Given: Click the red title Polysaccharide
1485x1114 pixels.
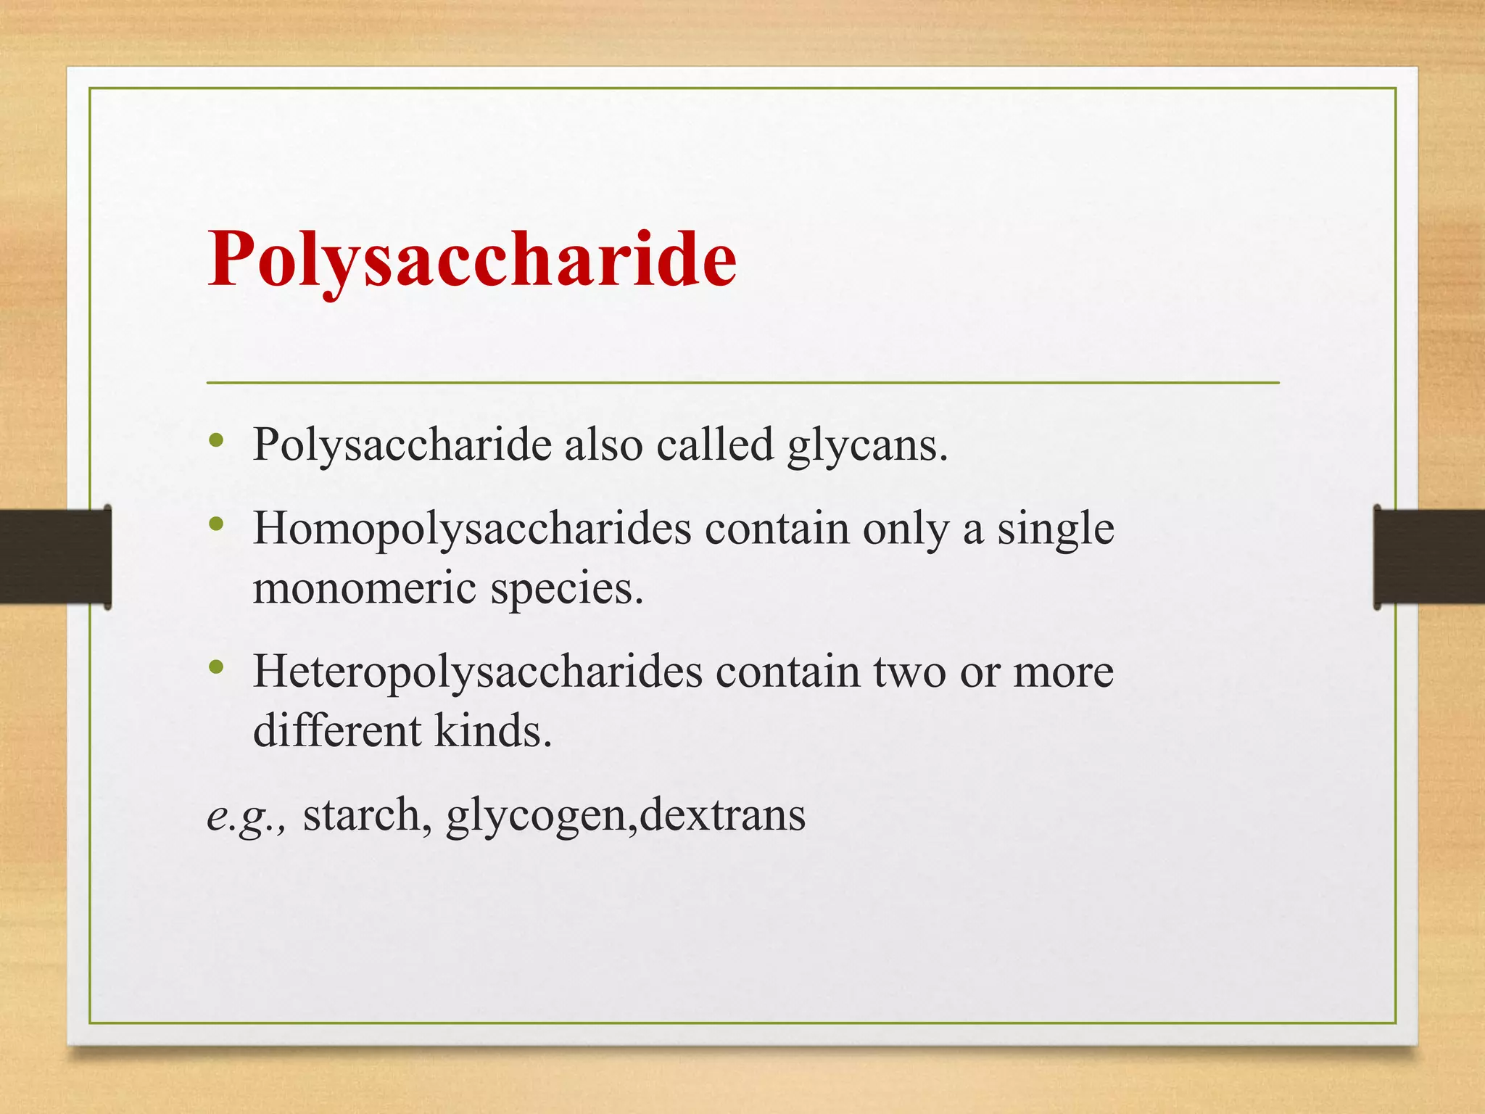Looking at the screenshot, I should click(472, 260).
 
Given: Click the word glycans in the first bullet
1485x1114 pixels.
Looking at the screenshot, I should click(866, 445).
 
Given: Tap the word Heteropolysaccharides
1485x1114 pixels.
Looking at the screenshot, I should click(477, 672).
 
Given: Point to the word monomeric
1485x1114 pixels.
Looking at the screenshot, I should click(365, 587).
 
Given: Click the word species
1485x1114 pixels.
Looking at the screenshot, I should click(566, 589).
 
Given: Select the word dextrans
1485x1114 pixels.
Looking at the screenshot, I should click(723, 814).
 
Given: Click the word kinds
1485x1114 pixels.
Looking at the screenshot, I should click(492, 730).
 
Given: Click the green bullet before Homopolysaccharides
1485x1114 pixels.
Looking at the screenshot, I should click(215, 524).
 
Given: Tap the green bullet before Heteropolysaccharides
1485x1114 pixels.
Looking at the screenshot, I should click(215, 667).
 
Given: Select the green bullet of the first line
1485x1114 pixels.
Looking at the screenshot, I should click(215, 440).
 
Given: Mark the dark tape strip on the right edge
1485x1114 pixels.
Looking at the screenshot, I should click(1429, 556).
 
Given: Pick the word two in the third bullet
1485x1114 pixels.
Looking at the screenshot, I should click(909, 672).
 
